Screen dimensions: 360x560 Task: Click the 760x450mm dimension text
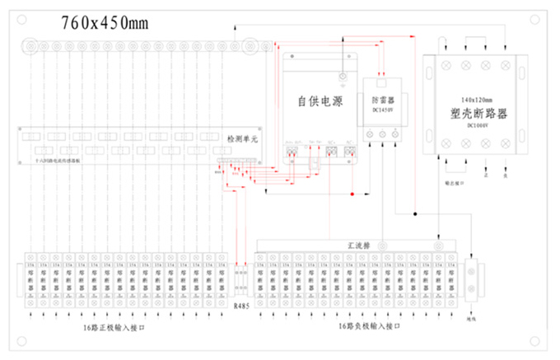point(105,23)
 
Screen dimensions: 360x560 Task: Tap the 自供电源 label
point(320,101)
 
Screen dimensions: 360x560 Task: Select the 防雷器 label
point(384,101)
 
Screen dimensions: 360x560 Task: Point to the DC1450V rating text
point(384,110)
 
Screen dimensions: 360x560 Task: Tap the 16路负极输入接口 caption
point(368,327)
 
